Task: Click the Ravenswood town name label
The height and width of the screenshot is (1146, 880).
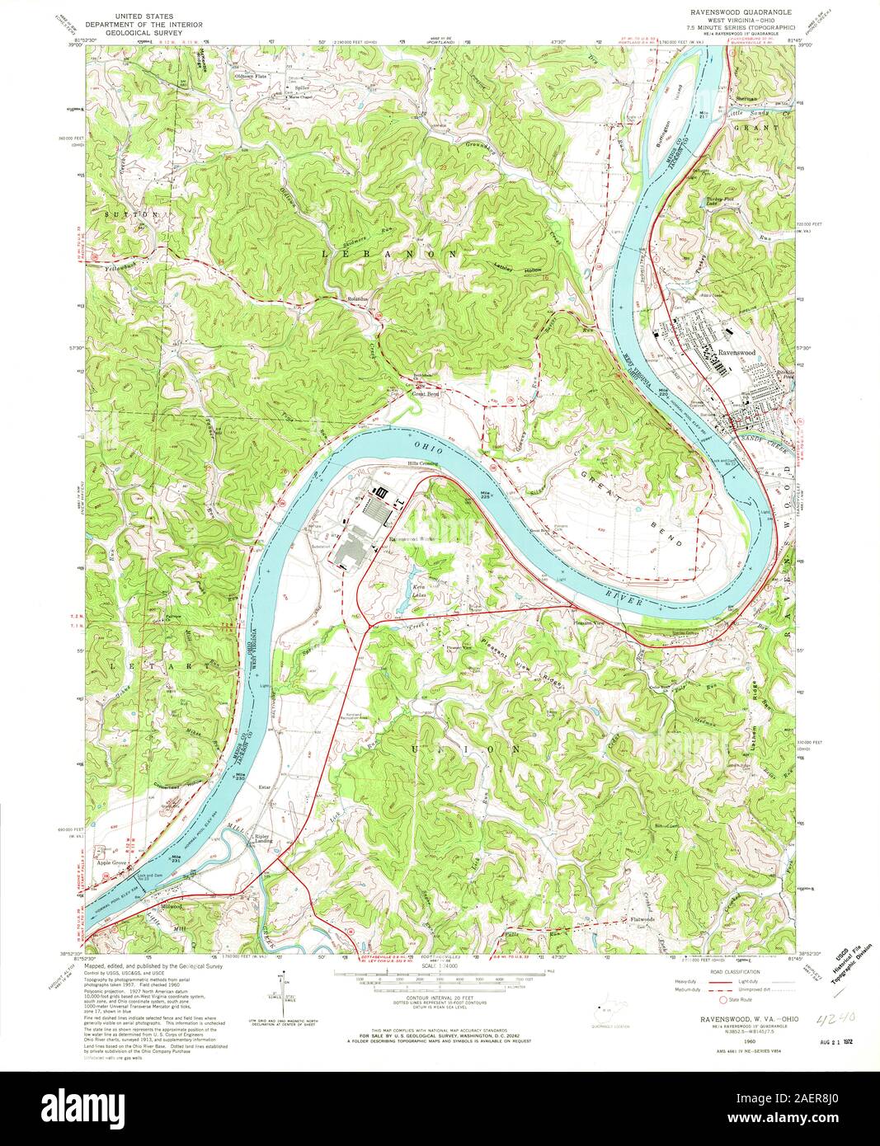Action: tap(736, 352)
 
